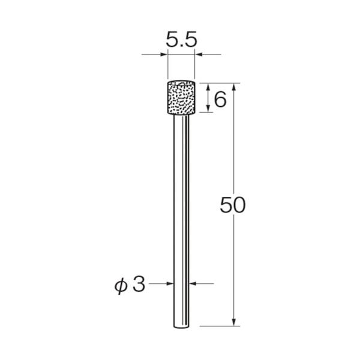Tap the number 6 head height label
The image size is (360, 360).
point(220,99)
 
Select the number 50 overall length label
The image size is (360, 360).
point(233,206)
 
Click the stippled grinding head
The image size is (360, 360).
point(181,97)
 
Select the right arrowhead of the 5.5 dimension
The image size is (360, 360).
point(198,56)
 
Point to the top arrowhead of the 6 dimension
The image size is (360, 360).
point(208,86)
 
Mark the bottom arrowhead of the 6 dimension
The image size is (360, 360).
point(208,109)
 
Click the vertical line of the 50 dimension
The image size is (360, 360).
point(236,150)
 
